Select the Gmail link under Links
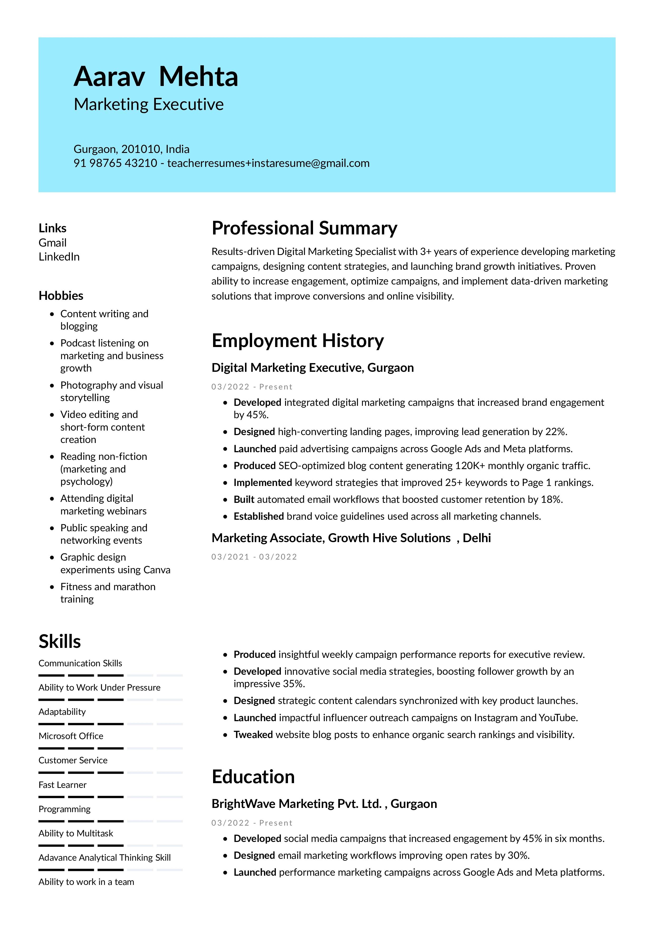(x=52, y=243)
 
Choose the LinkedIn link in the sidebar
(x=59, y=257)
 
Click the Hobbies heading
(x=61, y=295)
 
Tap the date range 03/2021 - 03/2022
(x=254, y=557)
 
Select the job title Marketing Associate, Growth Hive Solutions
(x=330, y=538)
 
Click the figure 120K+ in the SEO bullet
(x=470, y=465)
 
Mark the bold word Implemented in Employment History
(x=262, y=482)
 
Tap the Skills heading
(x=60, y=641)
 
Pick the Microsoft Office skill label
(x=71, y=736)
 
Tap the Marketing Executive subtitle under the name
(x=149, y=104)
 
